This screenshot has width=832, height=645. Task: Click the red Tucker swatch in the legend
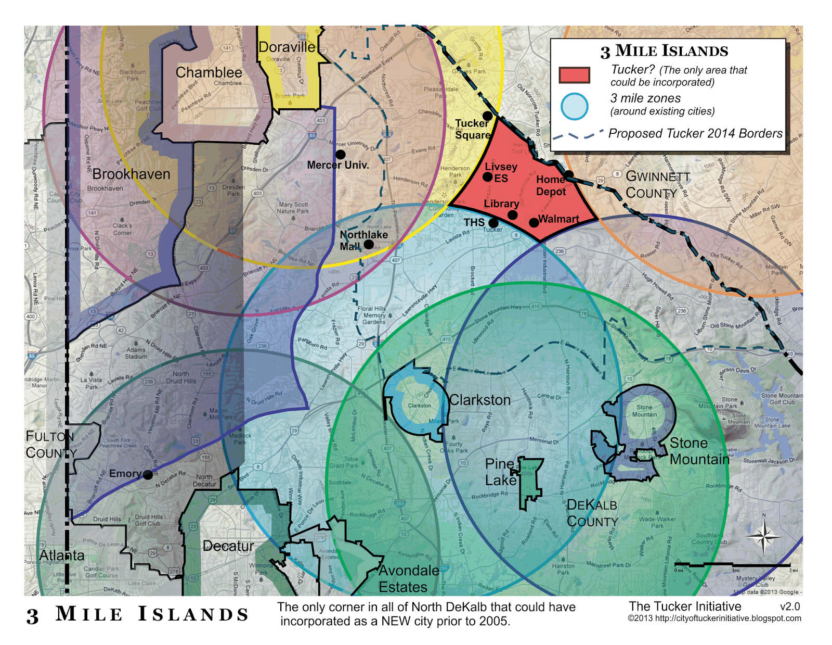point(574,75)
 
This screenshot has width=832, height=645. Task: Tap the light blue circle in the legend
point(574,106)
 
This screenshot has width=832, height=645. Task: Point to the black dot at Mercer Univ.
point(340,155)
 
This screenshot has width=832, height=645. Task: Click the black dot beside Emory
point(148,475)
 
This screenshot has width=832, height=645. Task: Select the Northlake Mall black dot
point(369,244)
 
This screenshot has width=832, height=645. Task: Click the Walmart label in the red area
point(558,219)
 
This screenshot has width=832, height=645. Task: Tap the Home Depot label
point(551,185)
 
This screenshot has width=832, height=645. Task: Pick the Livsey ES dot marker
point(487,177)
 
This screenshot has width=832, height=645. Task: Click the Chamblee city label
point(209,72)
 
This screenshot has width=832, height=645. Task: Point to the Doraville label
point(287,47)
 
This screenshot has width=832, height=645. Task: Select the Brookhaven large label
point(131,174)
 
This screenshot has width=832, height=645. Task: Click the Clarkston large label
point(480,400)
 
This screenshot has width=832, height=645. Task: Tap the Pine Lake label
point(500,472)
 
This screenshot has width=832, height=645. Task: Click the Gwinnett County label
point(657,185)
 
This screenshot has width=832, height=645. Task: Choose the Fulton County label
point(50,444)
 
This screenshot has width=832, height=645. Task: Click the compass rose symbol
point(763,536)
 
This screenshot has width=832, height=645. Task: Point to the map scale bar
point(732,565)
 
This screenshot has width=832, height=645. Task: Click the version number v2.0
point(789,606)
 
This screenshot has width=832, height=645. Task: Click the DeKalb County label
point(592,513)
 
